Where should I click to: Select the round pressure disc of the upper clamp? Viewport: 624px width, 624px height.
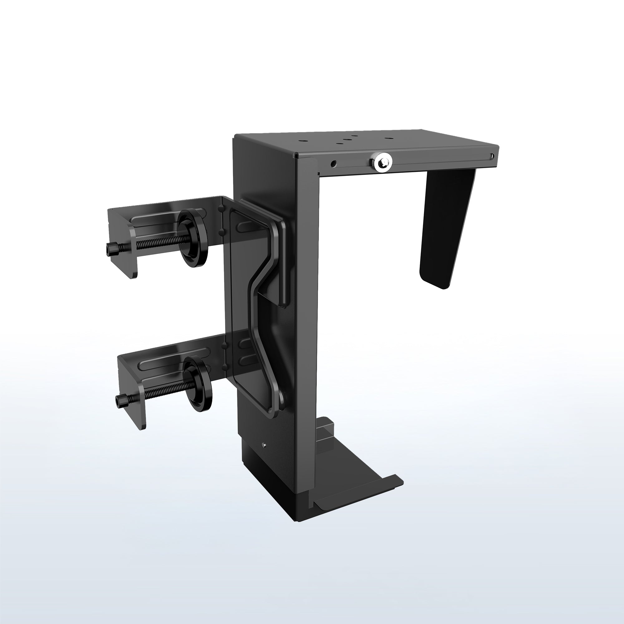pyautogui.click(x=193, y=238)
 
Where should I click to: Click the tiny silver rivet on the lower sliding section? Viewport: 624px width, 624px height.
pyautogui.click(x=264, y=445)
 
